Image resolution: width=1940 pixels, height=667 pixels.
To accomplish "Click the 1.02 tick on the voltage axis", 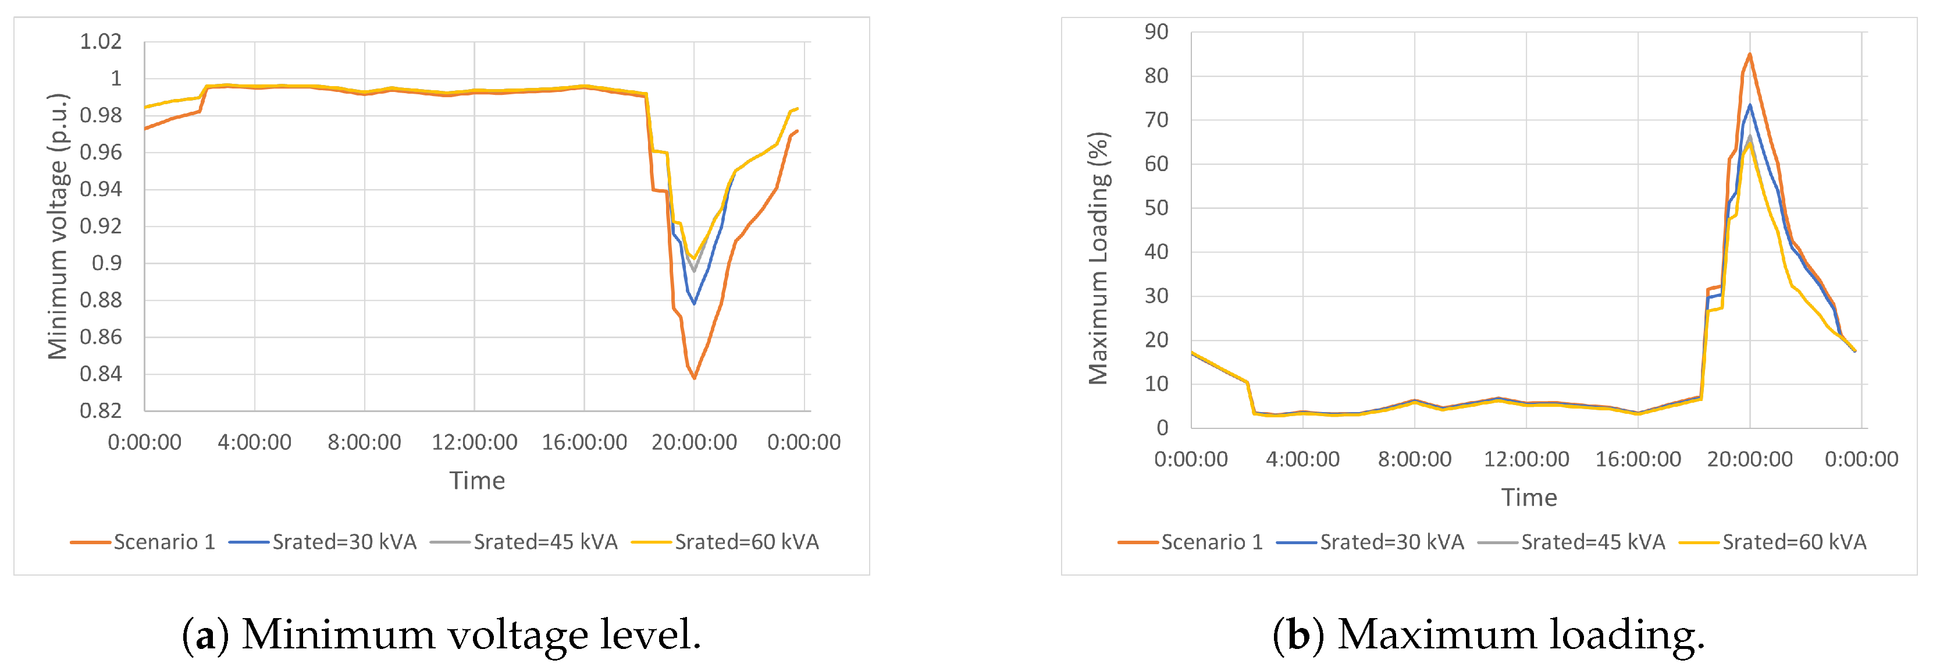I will click(x=100, y=41).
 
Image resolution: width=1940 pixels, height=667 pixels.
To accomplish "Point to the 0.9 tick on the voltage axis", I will click(x=106, y=263).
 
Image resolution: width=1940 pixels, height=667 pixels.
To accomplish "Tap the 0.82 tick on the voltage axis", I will click(x=100, y=411).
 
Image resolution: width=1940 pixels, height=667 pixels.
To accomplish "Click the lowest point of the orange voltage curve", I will click(x=693, y=378).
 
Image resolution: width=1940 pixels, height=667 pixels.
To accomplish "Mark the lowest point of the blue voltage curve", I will click(x=693, y=303).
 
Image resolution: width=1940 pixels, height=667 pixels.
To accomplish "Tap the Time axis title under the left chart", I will click(x=477, y=481).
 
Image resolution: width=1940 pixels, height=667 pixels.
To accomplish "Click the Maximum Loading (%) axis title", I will click(x=1099, y=258).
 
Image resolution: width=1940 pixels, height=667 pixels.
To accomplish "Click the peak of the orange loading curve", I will click(x=1749, y=54).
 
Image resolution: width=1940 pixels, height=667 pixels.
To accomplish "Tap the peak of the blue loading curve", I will click(x=1749, y=105).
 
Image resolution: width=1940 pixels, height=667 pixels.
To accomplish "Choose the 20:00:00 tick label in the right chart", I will click(x=1749, y=459).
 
